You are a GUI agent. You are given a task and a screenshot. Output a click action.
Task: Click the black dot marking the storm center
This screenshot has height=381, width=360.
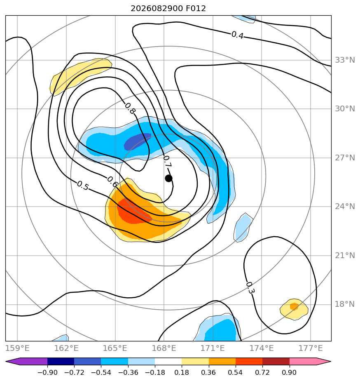(168, 179)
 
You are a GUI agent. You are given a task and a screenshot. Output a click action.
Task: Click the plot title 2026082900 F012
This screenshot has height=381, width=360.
(168, 9)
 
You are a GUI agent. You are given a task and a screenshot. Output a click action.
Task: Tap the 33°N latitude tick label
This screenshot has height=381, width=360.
(345, 60)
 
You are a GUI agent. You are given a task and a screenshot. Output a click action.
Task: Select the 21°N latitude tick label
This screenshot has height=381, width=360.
(345, 255)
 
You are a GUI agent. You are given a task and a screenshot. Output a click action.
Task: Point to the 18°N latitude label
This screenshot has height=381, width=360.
(345, 304)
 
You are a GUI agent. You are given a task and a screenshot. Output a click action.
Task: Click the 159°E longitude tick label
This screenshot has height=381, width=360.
(17, 348)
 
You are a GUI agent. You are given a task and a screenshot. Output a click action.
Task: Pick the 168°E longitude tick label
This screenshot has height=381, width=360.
(164, 348)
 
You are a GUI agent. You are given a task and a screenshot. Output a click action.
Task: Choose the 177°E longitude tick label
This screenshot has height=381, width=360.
(311, 348)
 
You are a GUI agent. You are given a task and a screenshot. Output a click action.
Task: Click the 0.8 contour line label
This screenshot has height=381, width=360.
(130, 108)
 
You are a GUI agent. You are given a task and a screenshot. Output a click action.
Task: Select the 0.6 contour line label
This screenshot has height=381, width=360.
(112, 182)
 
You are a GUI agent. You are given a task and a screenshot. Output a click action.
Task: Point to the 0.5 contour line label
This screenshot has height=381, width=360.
(83, 186)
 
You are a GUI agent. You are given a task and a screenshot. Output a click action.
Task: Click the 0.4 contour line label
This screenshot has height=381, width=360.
(237, 35)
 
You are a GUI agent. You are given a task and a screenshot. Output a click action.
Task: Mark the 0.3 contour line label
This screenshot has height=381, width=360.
(250, 288)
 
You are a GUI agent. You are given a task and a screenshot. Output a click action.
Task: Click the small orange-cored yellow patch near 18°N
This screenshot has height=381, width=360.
(294, 309)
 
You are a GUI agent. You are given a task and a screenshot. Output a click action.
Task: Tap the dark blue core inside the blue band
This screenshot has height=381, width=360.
(138, 141)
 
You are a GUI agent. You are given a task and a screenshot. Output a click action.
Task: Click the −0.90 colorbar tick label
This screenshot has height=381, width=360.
(48, 372)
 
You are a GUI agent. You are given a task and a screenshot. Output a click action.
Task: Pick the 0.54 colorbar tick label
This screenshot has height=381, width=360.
(235, 372)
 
